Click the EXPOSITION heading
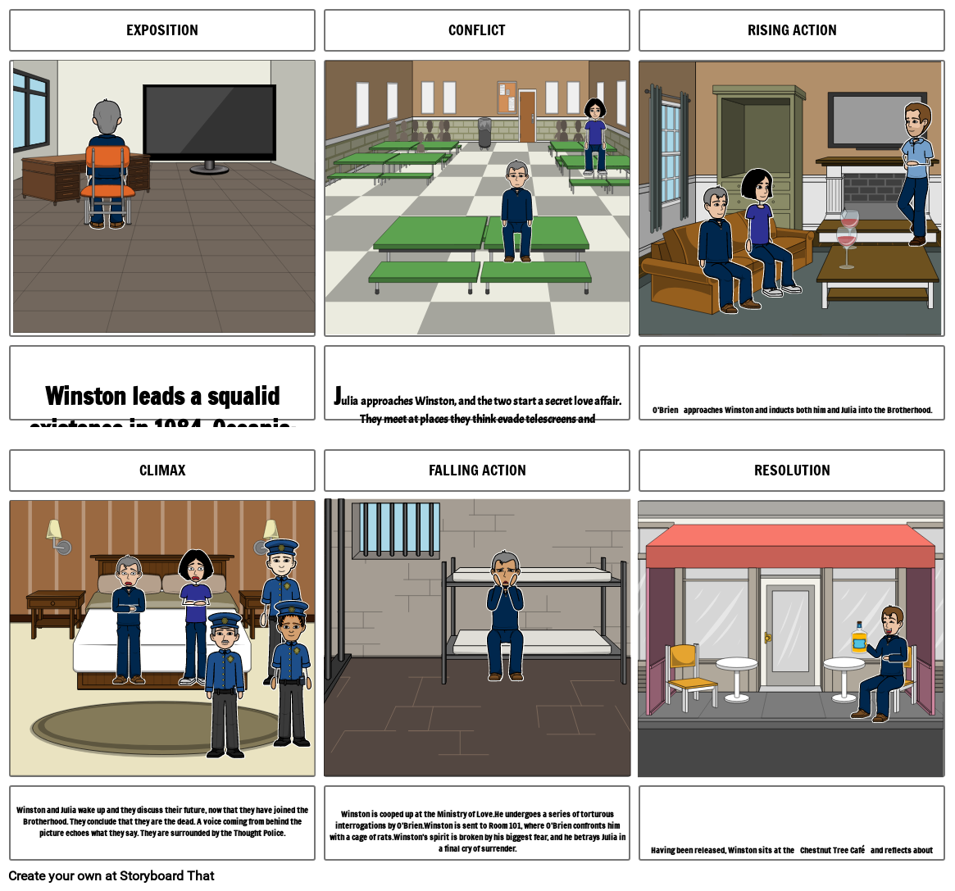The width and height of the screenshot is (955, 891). pyautogui.click(x=161, y=30)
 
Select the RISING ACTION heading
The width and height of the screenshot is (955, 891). pyautogui.click(x=791, y=30)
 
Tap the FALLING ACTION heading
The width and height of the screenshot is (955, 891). pyautogui.click(x=476, y=471)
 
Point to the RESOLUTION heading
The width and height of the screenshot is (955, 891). pyautogui.click(x=791, y=471)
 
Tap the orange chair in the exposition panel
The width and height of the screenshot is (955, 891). pyautogui.click(x=107, y=176)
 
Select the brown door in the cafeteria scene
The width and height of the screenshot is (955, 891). pyautogui.click(x=527, y=116)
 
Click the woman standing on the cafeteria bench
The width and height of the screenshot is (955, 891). pyautogui.click(x=594, y=135)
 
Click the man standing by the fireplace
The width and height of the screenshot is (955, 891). pyautogui.click(x=916, y=172)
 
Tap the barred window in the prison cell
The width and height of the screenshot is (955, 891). pyautogui.click(x=396, y=530)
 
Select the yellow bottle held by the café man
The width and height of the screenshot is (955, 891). pyautogui.click(x=858, y=638)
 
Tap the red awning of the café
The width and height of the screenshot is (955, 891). pyautogui.click(x=790, y=547)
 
